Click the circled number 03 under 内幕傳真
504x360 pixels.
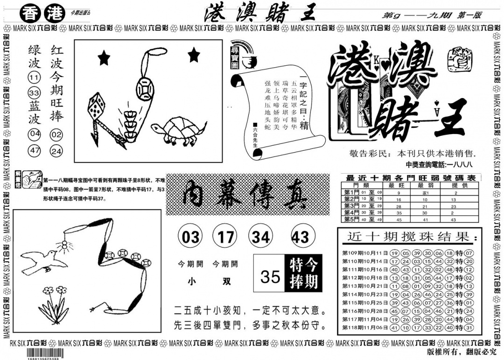pyautogui.click(x=190, y=237)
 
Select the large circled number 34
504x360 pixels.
pyautogui.click(x=261, y=237)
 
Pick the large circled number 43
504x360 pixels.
pyautogui.click(x=300, y=237)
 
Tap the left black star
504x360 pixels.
pyautogui.click(x=104, y=58)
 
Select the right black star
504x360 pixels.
pyautogui.click(x=193, y=56)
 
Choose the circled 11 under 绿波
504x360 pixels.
pyautogui.click(x=34, y=78)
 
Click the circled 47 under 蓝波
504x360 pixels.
pyautogui.click(x=34, y=151)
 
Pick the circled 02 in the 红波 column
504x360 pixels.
pyautogui.click(x=56, y=135)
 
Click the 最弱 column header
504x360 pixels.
pyautogui.click(x=425, y=185)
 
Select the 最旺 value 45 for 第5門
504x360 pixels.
pyautogui.click(x=399, y=219)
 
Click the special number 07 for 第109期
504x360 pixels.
pyautogui.click(x=469, y=253)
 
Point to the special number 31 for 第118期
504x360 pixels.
pyautogui.click(x=469, y=328)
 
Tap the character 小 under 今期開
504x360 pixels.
pyautogui.click(x=191, y=282)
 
